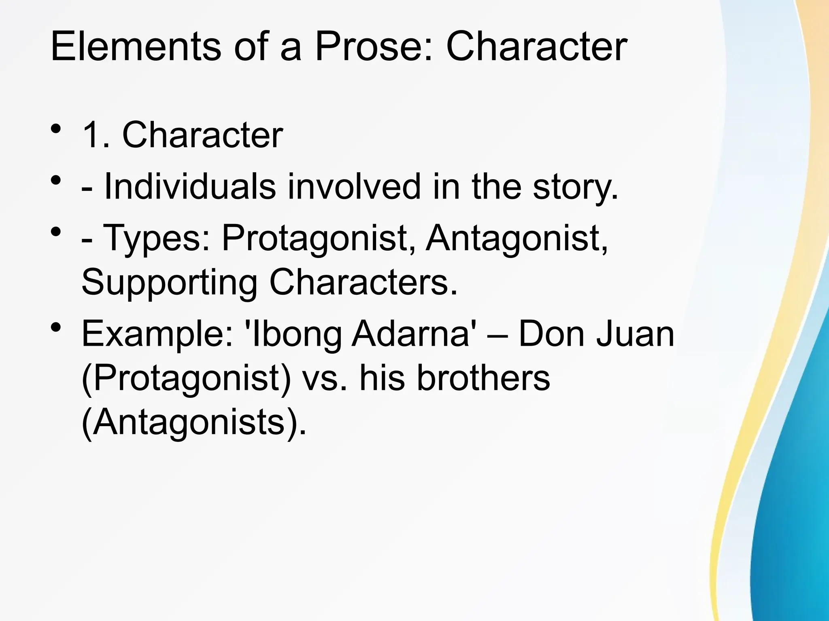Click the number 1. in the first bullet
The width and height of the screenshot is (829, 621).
96,135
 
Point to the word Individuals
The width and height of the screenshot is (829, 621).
190,187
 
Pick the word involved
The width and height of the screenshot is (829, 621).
354,187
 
